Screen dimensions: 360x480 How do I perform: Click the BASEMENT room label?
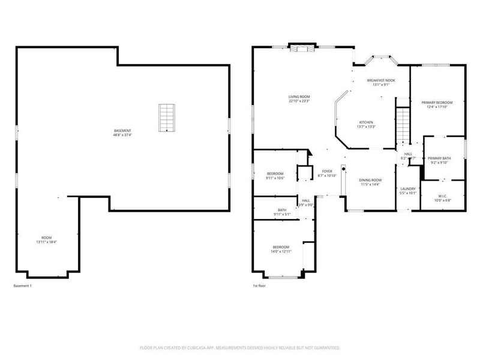click(122, 131)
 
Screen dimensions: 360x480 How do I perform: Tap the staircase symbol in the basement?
click(167, 118)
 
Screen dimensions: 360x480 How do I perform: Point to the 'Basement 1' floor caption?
click(22, 286)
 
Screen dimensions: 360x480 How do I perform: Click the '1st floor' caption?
click(260, 286)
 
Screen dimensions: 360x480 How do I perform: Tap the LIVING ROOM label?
click(299, 96)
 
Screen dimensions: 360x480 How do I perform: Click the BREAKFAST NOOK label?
click(381, 80)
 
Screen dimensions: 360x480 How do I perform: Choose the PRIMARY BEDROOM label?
click(437, 103)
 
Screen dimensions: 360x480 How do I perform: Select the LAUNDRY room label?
click(408, 189)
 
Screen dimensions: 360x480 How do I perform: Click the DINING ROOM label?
click(370, 180)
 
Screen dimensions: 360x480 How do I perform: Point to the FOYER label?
click(327, 171)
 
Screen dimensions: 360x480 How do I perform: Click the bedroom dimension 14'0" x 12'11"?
click(281, 251)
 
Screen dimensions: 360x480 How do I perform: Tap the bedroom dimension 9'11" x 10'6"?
click(275, 178)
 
